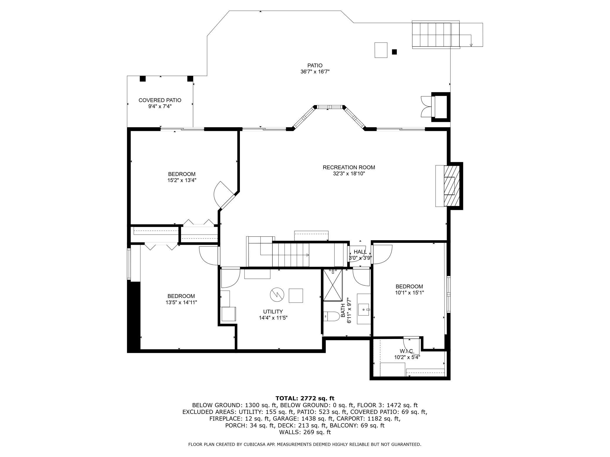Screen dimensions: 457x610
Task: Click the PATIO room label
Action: [315, 66]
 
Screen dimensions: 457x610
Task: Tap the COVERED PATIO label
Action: [160, 100]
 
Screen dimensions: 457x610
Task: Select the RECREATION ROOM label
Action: [349, 168]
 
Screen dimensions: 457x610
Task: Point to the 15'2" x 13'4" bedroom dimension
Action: [182, 180]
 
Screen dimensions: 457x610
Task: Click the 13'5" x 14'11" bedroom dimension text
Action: [181, 302]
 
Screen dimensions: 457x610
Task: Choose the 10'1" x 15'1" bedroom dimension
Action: [409, 293]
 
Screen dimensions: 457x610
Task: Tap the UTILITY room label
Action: [273, 312]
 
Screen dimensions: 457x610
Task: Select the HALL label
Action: [360, 252]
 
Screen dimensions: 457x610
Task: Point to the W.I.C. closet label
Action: [407, 351]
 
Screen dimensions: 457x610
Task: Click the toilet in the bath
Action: [331, 316]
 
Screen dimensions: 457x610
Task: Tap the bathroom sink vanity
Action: [364, 309]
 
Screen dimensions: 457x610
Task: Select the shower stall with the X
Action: [333, 285]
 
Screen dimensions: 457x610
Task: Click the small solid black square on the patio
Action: [394, 52]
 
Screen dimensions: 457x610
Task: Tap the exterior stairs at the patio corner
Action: [436, 35]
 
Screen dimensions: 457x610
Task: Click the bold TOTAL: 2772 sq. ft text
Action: [305, 398]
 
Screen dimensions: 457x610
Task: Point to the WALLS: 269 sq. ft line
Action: [305, 432]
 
